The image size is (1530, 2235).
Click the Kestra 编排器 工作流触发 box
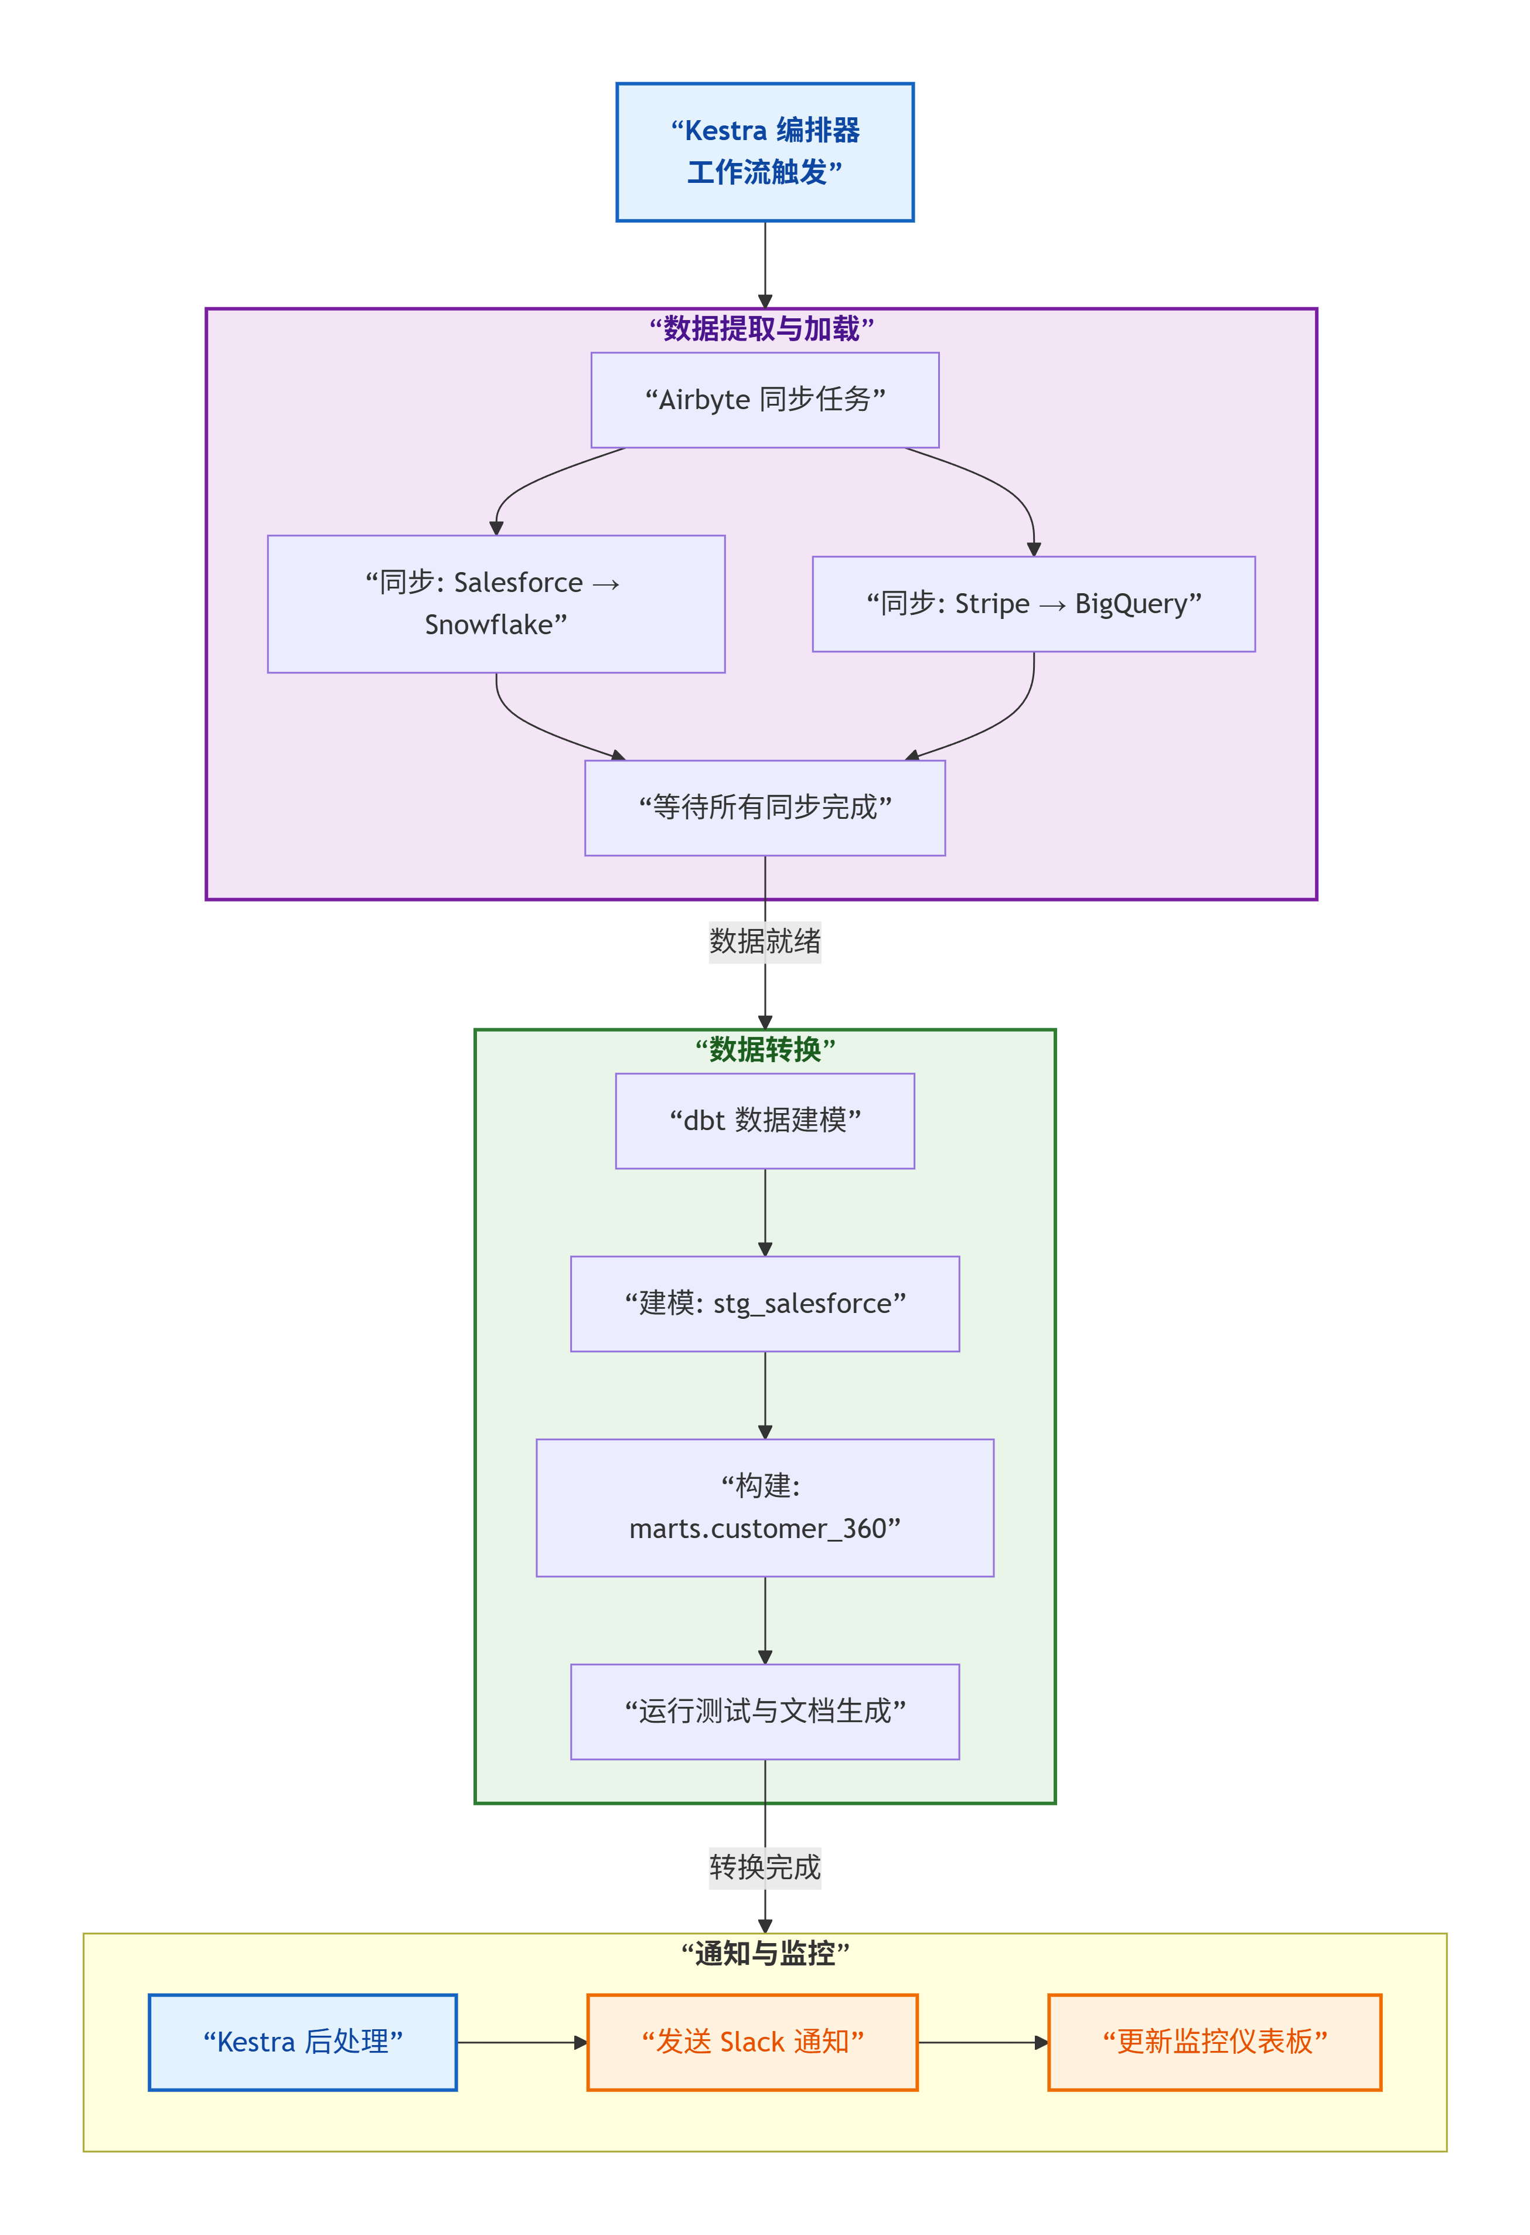point(765,152)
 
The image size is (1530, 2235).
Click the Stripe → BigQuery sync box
point(1033,603)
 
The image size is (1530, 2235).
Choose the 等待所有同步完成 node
point(765,807)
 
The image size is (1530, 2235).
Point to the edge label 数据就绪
point(765,941)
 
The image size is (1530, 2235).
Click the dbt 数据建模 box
point(765,1120)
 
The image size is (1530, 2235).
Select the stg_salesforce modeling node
point(765,1303)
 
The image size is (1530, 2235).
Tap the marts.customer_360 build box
point(765,1507)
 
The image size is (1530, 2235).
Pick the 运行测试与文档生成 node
point(765,1711)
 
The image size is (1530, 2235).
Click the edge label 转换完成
point(765,1867)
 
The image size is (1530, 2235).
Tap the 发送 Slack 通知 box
point(752,2041)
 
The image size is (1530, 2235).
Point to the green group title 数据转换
point(765,1049)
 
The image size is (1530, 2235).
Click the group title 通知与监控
point(765,1953)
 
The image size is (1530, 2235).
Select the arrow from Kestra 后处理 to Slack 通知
point(520,2042)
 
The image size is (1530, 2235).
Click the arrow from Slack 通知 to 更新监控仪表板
point(982,2042)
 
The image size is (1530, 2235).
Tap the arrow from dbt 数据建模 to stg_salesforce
point(765,1212)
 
